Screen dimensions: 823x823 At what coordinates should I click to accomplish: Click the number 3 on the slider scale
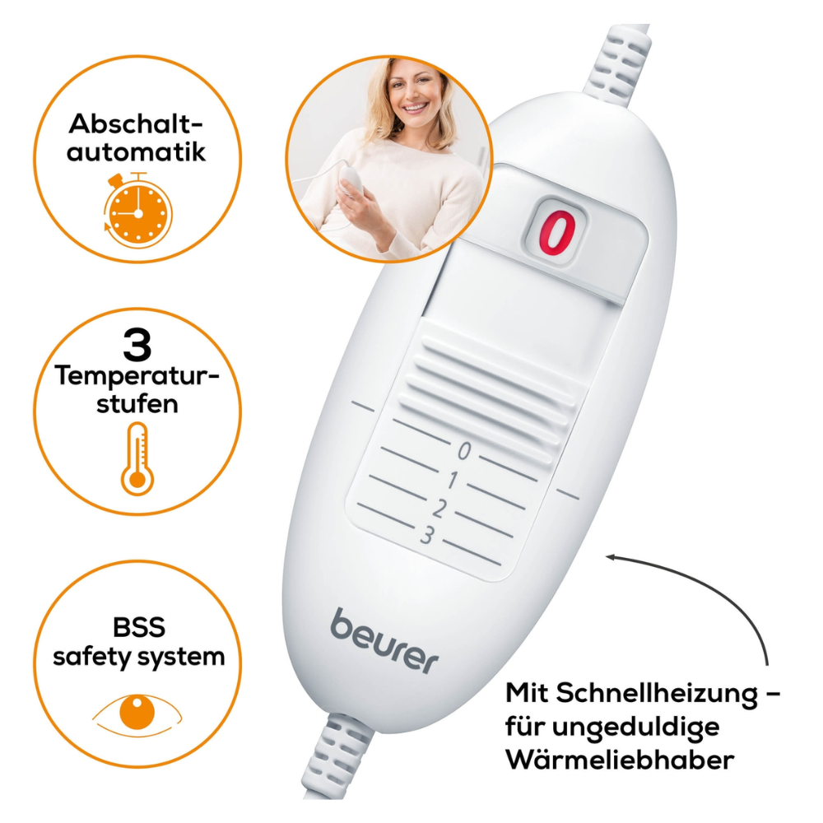(x=426, y=536)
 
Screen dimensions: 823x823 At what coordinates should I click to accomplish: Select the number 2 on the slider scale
(x=439, y=509)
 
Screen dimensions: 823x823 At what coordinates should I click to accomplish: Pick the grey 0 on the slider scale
(x=464, y=451)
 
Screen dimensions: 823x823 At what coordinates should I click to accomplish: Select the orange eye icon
(x=137, y=714)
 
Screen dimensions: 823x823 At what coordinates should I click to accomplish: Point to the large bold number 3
(x=137, y=346)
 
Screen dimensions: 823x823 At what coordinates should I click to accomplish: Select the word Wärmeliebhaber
(x=620, y=760)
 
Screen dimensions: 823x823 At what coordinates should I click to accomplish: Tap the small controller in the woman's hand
(x=351, y=179)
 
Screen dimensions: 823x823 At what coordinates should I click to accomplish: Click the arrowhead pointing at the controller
(x=611, y=558)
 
